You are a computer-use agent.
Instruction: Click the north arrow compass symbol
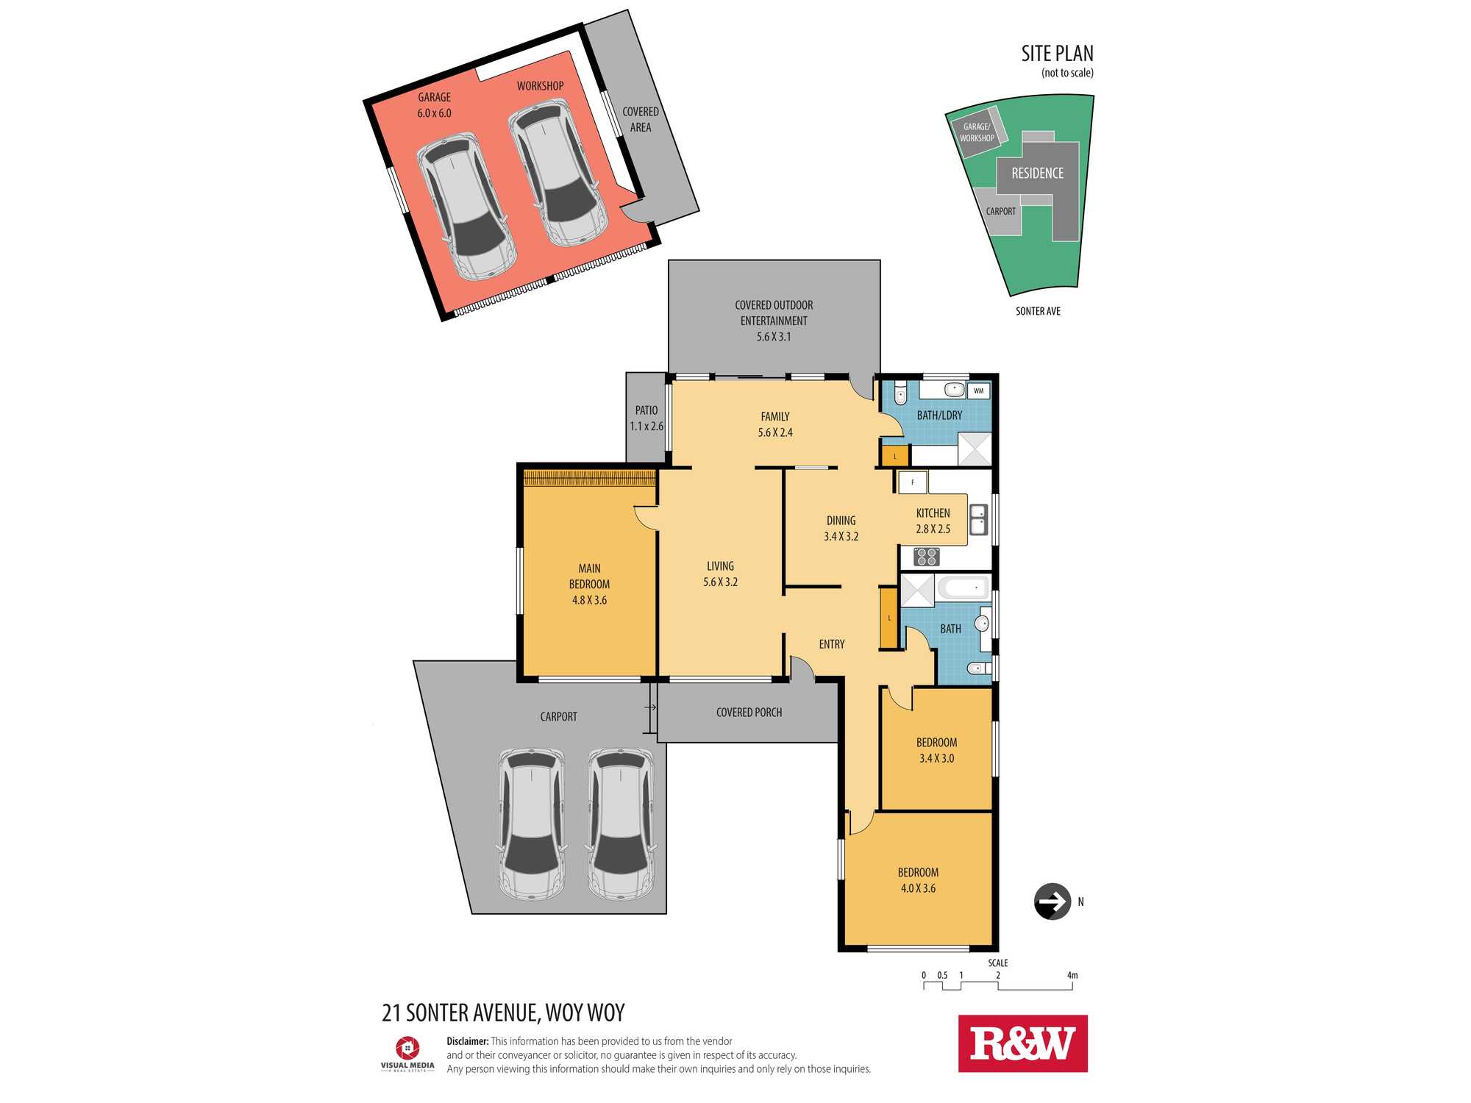[1053, 902]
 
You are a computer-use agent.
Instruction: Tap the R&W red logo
[1022, 1043]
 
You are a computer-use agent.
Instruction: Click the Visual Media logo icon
[407, 1048]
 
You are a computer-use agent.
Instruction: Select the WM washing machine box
[978, 390]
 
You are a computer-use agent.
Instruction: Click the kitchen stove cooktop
[927, 557]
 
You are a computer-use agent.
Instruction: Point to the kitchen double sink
[978, 519]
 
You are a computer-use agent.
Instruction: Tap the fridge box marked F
[913, 482]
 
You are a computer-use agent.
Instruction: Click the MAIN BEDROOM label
[589, 576]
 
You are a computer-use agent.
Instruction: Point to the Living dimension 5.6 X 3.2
[720, 582]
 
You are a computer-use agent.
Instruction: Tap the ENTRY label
[832, 644]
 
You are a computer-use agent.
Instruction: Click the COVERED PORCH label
[749, 712]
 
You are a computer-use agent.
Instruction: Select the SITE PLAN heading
[1057, 54]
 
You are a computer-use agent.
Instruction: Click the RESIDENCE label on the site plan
[1037, 173]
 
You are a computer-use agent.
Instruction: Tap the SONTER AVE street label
[1038, 311]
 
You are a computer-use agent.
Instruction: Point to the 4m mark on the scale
[1072, 976]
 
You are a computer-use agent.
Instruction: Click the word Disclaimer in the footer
[468, 1041]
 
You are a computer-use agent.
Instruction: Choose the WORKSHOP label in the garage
[540, 86]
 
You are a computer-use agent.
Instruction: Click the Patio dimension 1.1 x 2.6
[647, 426]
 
